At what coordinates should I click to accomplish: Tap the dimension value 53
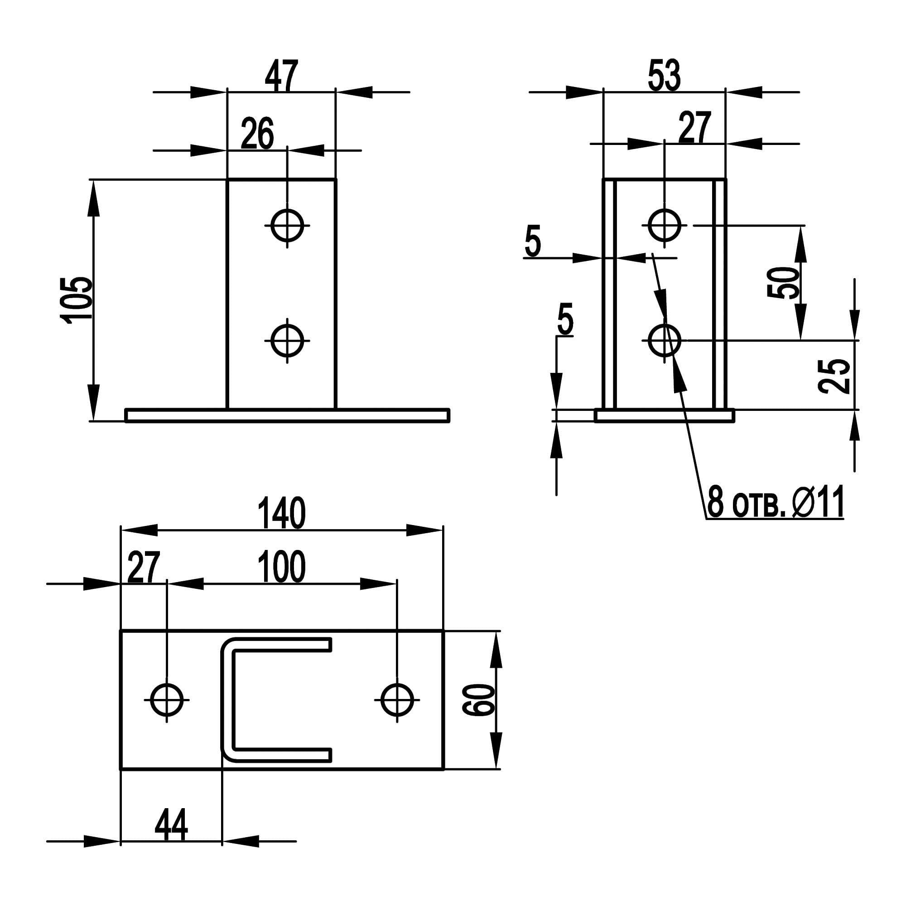(664, 76)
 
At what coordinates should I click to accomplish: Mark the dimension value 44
(171, 825)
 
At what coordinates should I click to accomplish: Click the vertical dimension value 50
(784, 282)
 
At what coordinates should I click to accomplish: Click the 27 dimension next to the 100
(144, 567)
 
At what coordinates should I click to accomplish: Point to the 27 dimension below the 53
(695, 127)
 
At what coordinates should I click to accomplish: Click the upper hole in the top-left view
(288, 226)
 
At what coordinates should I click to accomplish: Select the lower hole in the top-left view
(288, 340)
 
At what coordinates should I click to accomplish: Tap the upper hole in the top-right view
(665, 226)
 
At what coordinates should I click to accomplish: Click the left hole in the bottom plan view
(167, 700)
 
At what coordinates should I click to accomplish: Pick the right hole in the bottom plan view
(397, 700)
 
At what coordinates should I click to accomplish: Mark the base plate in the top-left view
(288, 415)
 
